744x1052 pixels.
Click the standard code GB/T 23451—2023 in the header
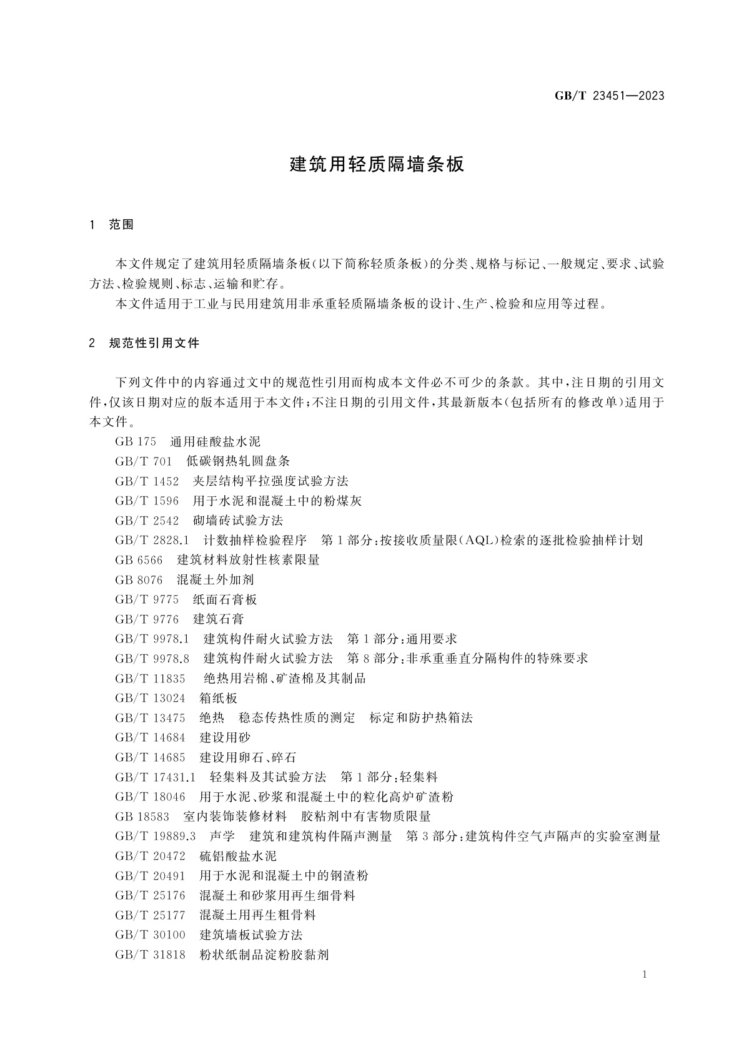(x=609, y=96)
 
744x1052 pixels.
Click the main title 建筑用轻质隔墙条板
(x=377, y=165)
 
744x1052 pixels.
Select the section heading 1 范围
(x=112, y=225)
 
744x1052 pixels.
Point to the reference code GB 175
(x=135, y=441)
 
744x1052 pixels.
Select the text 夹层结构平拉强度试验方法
(x=270, y=481)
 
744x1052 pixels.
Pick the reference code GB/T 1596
(x=147, y=501)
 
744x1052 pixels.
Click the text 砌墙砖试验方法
(x=238, y=521)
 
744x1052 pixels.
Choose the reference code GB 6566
(x=139, y=560)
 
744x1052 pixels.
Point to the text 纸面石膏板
(x=225, y=600)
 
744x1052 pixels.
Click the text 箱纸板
(x=219, y=699)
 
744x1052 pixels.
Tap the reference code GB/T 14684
(x=150, y=738)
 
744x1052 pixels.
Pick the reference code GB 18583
(x=142, y=817)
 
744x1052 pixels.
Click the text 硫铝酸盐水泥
(x=238, y=856)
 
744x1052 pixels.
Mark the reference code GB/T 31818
(x=150, y=955)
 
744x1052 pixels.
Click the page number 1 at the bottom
(x=644, y=975)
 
